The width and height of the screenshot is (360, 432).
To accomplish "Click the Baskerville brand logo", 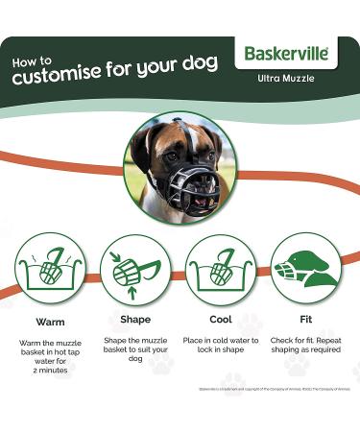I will (x=286, y=53).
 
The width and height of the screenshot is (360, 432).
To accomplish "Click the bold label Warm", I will (x=50, y=322).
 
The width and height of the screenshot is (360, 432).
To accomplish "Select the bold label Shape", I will (x=134, y=322).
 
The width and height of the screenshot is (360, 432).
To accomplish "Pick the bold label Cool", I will (x=220, y=322).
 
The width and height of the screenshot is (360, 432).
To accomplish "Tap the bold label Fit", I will (x=304, y=322).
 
